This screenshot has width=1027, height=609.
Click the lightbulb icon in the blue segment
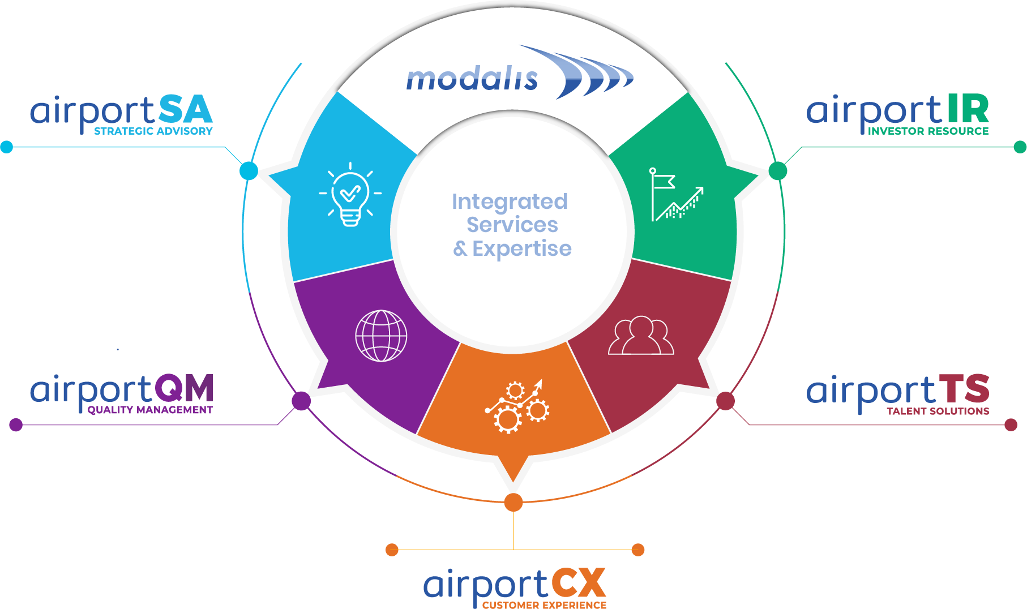[350, 195]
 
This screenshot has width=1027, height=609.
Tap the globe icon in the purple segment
[381, 336]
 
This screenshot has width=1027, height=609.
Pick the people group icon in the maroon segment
[641, 336]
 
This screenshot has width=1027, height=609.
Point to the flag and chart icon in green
[677, 194]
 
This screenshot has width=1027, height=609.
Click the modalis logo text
[472, 79]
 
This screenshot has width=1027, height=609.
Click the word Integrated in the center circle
[510, 202]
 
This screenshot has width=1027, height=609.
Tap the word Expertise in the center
[522, 248]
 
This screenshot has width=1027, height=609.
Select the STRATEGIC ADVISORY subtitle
[153, 131]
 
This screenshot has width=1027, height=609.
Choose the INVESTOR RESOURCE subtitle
[928, 131]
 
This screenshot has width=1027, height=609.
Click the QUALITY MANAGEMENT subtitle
[150, 410]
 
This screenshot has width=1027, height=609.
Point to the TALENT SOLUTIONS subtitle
[938, 411]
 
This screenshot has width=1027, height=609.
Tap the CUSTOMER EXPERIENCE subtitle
[544, 605]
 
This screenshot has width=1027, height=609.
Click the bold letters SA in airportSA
[185, 110]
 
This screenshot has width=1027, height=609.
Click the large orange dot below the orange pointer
[513, 502]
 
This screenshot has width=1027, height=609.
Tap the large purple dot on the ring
[301, 401]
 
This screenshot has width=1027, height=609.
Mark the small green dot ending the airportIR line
[1020, 147]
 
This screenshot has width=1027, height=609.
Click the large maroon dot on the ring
[725, 401]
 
